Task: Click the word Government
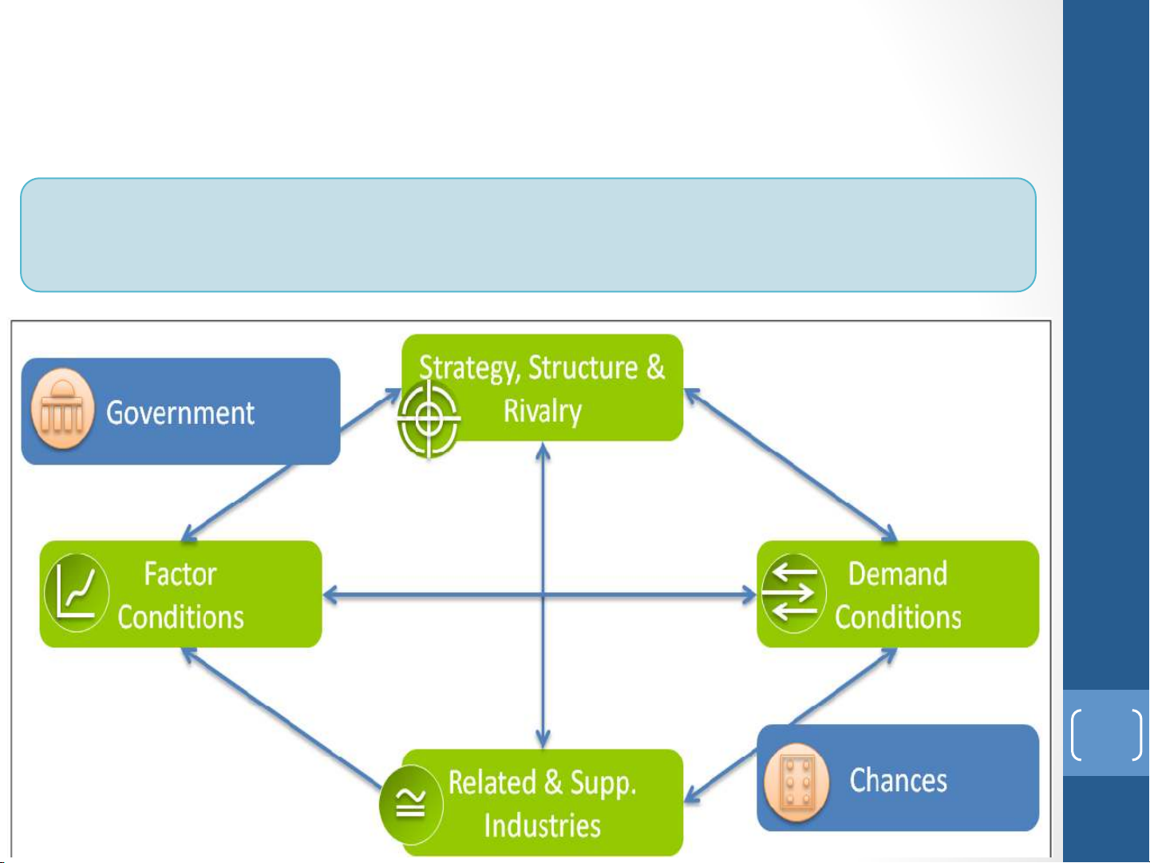pos(180,413)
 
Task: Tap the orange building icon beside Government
pos(62,410)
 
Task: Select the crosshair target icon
pos(428,419)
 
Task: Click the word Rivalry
pos(542,411)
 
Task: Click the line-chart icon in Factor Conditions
pos(77,592)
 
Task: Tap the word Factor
pos(180,574)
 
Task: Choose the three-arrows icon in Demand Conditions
pos(794,593)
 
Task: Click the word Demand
pos(898,574)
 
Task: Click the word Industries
pos(542,825)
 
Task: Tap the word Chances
pos(898,780)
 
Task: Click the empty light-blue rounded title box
pos(528,235)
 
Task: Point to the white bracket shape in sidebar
pos(1107,734)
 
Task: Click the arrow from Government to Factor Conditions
pos(237,502)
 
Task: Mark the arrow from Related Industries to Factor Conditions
pos(282,718)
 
